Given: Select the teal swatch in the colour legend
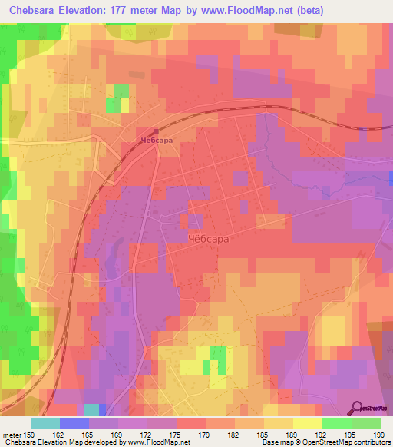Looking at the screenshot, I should point(45,424).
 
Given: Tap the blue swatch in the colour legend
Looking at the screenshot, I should point(74,424).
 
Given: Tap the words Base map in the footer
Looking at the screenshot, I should point(273,443).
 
